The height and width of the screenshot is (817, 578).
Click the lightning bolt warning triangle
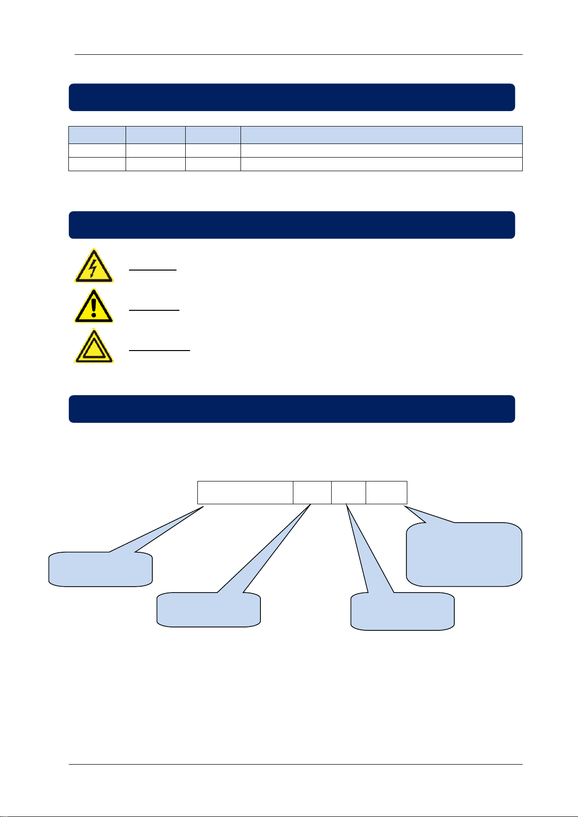[x=94, y=266]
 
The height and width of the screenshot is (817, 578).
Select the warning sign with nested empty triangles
[x=94, y=347]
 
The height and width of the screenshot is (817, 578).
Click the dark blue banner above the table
[x=291, y=97]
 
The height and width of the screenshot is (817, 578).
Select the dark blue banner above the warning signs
[x=291, y=225]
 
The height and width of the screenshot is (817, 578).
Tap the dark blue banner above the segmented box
[x=291, y=409]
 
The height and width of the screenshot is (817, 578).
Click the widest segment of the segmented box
[x=245, y=493]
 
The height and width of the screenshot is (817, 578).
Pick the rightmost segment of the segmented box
[x=386, y=493]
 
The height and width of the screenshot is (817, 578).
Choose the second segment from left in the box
[x=312, y=493]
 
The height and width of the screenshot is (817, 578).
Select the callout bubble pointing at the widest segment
[x=100, y=569]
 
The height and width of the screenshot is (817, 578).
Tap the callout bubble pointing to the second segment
[x=209, y=609]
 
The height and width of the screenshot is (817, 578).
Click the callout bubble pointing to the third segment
[x=402, y=611]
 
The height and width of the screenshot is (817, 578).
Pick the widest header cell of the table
[x=381, y=134]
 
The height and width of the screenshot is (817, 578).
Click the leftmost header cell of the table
[x=97, y=134]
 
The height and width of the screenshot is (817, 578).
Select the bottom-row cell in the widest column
[x=381, y=164]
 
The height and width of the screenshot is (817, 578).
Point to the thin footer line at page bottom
[x=296, y=765]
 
